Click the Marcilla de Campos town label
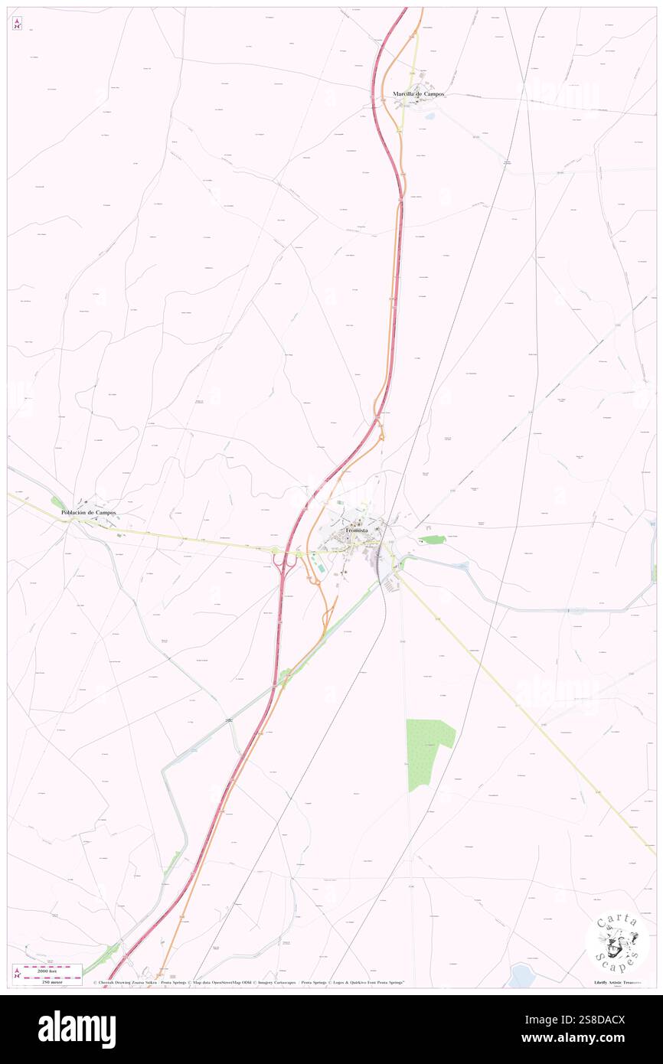[x=418, y=94]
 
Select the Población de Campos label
[x=89, y=512]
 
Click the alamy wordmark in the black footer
[x=77, y=1029]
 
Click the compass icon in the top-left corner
[x=17, y=23]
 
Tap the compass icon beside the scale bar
[x=17, y=973]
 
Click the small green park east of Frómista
[x=435, y=540]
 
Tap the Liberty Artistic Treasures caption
[x=621, y=982]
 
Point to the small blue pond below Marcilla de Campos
[x=428, y=117]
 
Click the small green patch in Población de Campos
[x=57, y=502]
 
